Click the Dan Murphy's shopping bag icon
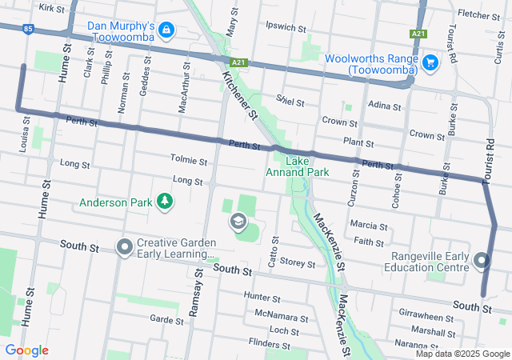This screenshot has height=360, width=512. pyautogui.click(x=166, y=30)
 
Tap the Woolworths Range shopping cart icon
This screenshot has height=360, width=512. pyautogui.click(x=430, y=62)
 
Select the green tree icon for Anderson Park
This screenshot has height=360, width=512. pyautogui.click(x=164, y=202)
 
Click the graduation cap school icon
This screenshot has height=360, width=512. pyautogui.click(x=238, y=221)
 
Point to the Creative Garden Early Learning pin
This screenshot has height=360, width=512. pyautogui.click(x=124, y=247)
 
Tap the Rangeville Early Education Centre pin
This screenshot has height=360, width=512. pyautogui.click(x=481, y=261)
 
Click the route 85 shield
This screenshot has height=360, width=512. pyautogui.click(x=29, y=29)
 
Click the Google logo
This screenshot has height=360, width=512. pyautogui.click(x=26, y=350)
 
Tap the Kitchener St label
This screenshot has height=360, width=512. pyautogui.click(x=239, y=96)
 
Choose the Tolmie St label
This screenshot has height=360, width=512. pyautogui.click(x=188, y=161)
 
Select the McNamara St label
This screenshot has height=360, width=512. pyautogui.click(x=280, y=317)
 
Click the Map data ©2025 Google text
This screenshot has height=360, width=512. pyautogui.click(x=462, y=354)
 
